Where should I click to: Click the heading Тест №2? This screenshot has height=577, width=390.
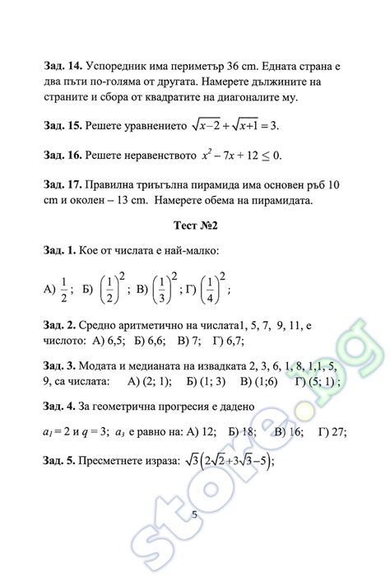[x=196, y=224]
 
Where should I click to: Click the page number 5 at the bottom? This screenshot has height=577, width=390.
[x=194, y=514]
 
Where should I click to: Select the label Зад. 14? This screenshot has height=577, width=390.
[x=61, y=65]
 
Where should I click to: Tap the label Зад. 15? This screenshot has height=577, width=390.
[x=61, y=125]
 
